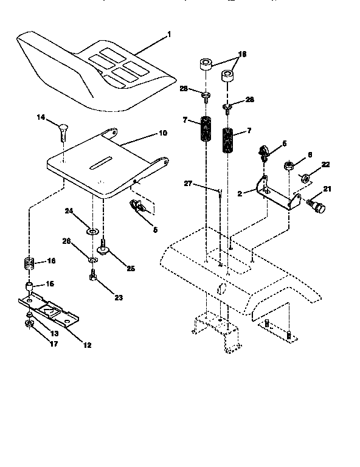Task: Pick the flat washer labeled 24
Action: pos(92,231)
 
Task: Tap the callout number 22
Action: pos(325,165)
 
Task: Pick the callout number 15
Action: pos(50,284)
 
